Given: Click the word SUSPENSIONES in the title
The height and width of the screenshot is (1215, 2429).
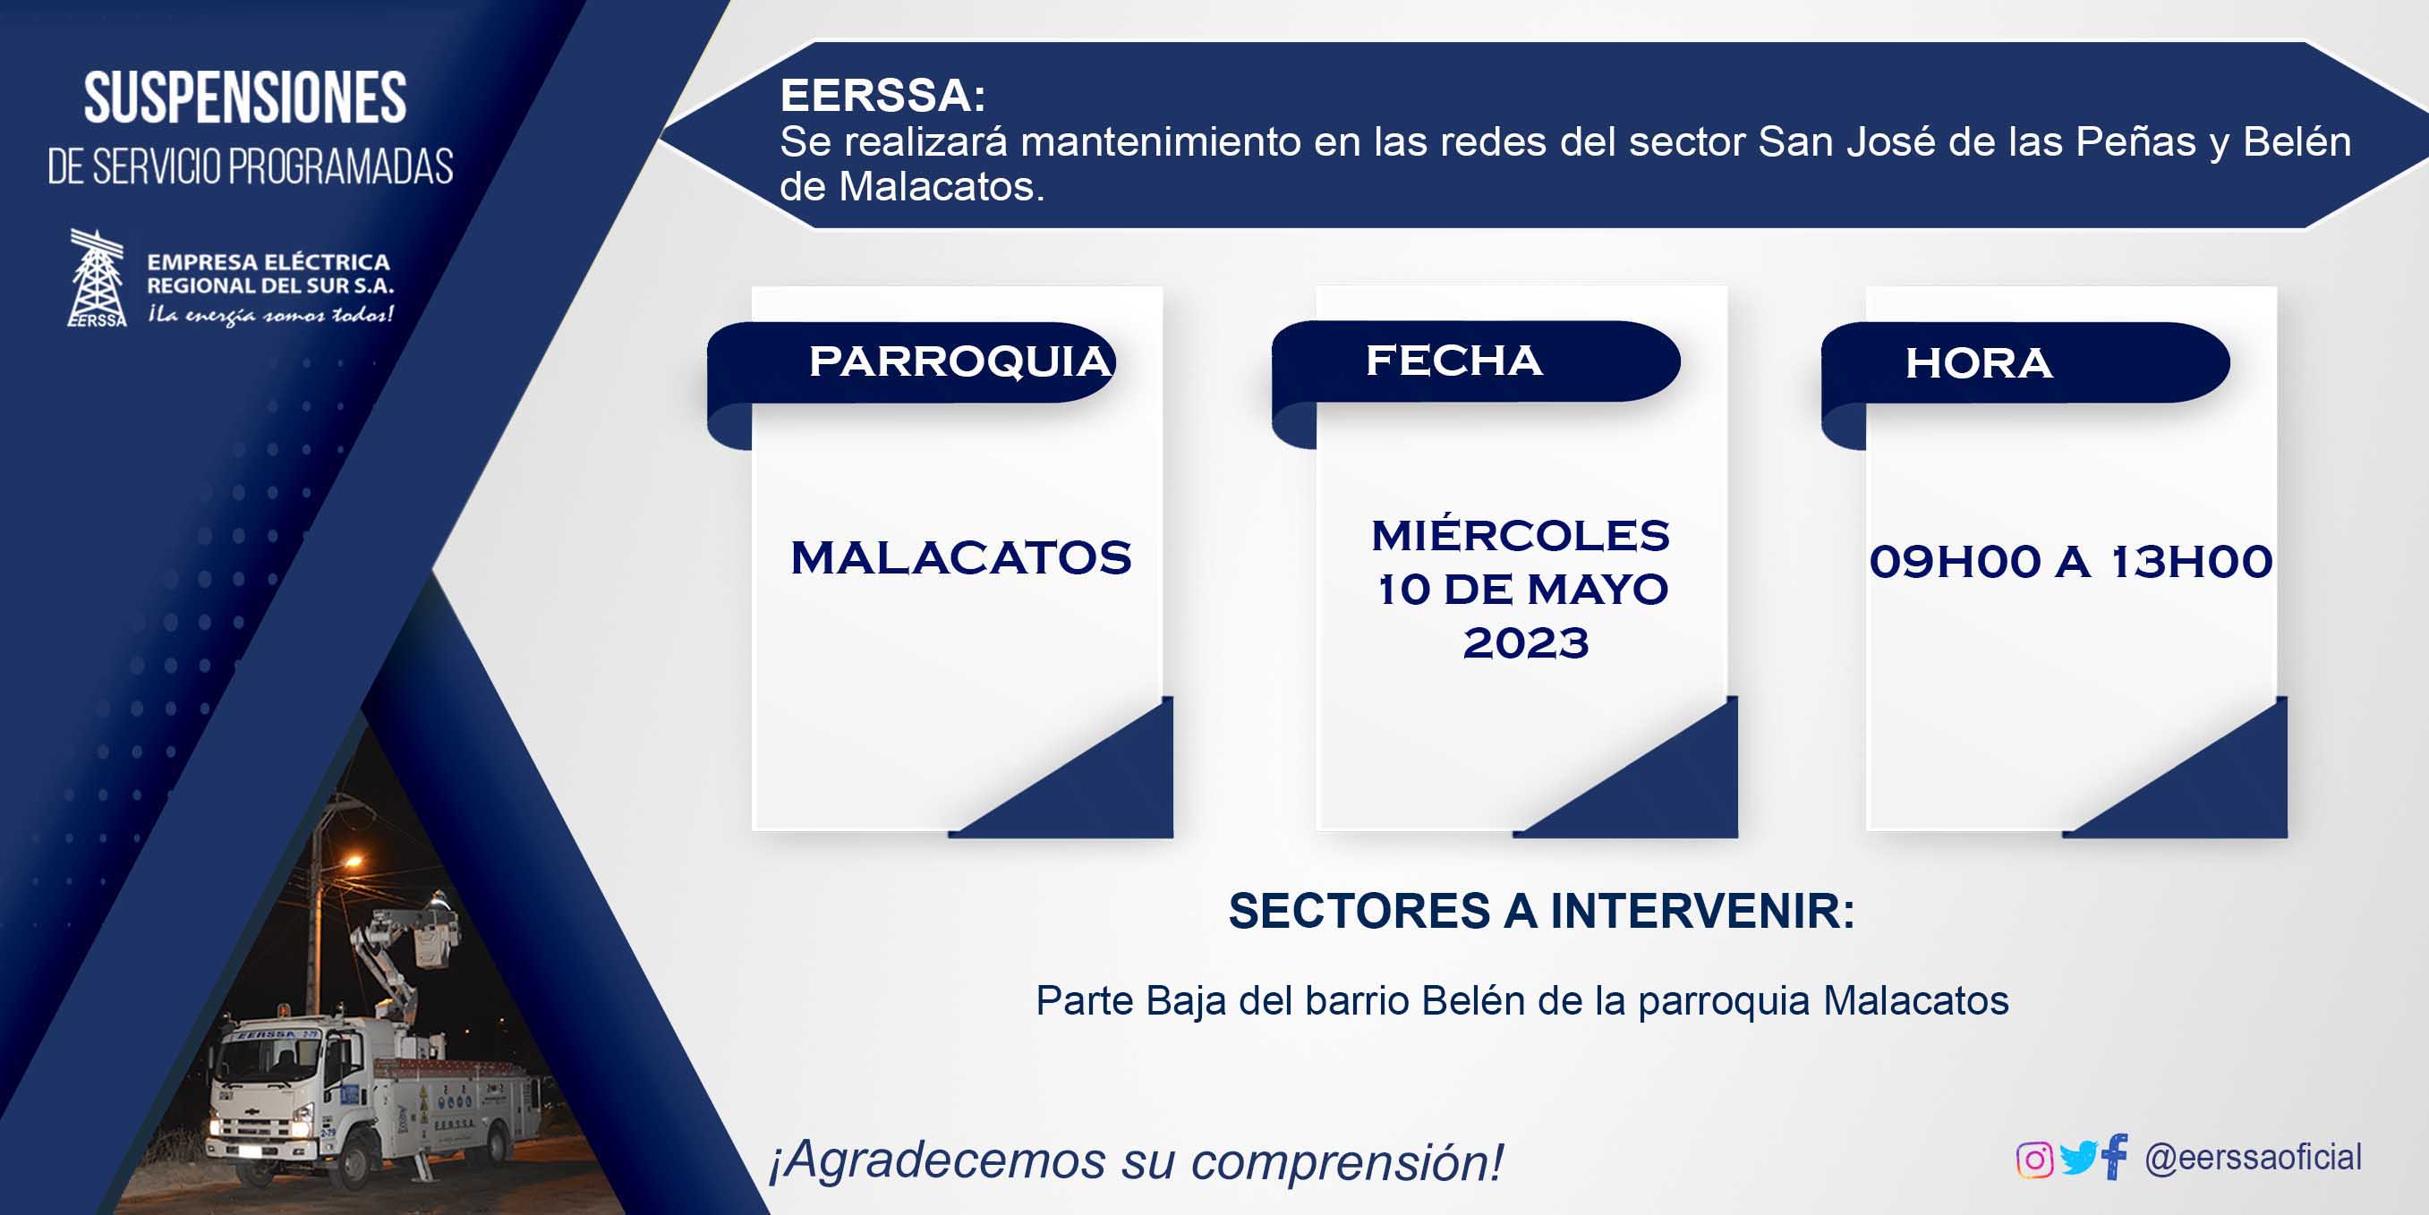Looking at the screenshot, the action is pos(245,98).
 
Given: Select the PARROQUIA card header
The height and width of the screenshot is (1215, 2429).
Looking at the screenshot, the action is pos(960,362).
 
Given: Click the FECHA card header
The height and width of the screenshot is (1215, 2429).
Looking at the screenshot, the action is pos(1454,360).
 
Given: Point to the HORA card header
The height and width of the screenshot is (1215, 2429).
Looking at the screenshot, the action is pos(1978,363).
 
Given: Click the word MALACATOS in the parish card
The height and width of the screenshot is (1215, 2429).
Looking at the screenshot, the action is pos(961,558).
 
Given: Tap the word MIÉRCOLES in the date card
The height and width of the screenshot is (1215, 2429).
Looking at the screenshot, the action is pos(1520,535).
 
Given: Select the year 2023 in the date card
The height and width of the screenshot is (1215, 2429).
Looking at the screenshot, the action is pos(1526,643).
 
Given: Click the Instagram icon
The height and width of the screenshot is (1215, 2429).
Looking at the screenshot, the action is pos(2034,1160).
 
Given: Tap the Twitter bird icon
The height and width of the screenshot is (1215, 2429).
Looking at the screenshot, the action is pos(2078,1158).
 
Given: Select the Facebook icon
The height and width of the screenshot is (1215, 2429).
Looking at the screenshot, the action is pos(2115,1156).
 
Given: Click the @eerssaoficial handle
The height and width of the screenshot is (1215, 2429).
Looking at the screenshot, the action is pos(2253,1157).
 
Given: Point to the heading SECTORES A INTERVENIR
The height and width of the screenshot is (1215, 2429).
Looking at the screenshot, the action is pos(1542,912).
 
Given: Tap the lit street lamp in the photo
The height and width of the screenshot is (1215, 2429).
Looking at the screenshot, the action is pos(351,861).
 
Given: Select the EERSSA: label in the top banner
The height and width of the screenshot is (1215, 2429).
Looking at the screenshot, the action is pos(882,95).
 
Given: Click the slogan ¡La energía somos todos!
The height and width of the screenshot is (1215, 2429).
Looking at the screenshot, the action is pos(270,315).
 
